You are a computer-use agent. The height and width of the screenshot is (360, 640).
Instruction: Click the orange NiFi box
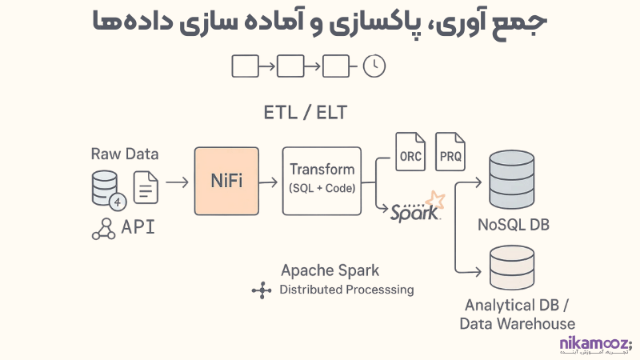(226, 181)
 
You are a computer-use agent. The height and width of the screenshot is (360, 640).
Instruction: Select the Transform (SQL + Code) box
(322, 180)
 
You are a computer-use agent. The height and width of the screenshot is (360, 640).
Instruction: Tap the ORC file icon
(410, 152)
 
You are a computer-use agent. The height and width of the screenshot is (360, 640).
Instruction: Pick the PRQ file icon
(451, 152)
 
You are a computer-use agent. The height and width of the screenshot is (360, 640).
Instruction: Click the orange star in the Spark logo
(434, 199)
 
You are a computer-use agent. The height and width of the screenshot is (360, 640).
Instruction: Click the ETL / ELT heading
(306, 112)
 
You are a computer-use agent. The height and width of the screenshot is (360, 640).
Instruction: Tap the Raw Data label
(125, 154)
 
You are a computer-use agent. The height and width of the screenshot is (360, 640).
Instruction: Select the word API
(138, 227)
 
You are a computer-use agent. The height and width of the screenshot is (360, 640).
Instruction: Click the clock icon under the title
(374, 66)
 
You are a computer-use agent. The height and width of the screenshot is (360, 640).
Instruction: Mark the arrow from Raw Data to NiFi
(177, 182)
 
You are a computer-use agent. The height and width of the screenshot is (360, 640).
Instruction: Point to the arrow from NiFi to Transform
(270, 182)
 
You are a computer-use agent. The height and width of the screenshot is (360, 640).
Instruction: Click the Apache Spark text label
(330, 270)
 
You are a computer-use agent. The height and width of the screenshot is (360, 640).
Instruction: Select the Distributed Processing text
(346, 290)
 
